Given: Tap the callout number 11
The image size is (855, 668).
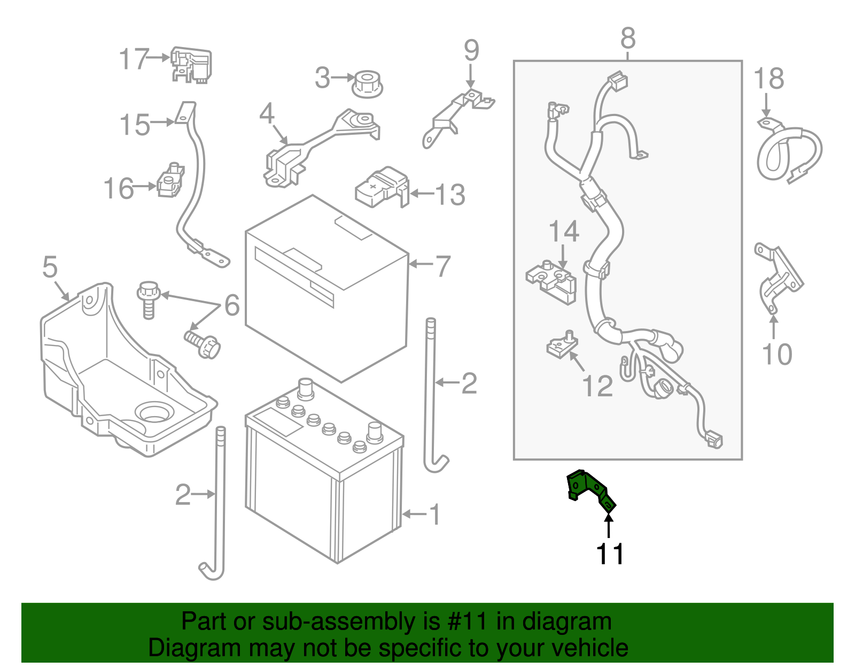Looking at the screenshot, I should tap(610, 555).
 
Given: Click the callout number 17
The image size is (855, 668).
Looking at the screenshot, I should tap(134, 59).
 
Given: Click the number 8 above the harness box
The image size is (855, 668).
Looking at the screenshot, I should tap(628, 39).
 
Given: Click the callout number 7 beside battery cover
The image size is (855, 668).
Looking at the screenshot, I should tap(443, 266).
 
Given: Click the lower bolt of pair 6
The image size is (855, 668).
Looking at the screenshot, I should tap(204, 344).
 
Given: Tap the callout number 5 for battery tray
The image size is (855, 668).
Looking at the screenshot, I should tap(50, 266).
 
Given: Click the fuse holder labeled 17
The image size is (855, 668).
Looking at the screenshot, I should tap(191, 64).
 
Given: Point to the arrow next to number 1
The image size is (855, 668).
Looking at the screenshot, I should tap(414, 514).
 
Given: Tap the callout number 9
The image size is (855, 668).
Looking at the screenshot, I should tap(471, 51).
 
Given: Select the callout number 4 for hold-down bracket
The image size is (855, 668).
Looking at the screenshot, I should tap(267, 114).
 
